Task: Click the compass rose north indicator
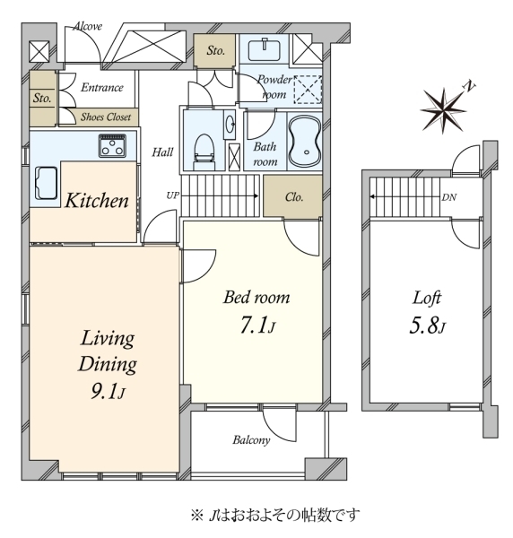[446, 107]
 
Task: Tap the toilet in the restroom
[203, 150]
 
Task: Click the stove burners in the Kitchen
[114, 146]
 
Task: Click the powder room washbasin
[267, 48]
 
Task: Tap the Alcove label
[87, 27]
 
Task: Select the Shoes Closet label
[105, 117]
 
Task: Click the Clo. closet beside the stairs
[292, 196]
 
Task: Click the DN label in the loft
[448, 197]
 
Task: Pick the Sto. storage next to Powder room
[215, 51]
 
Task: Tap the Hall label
[162, 152]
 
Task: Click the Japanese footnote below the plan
[274, 515]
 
